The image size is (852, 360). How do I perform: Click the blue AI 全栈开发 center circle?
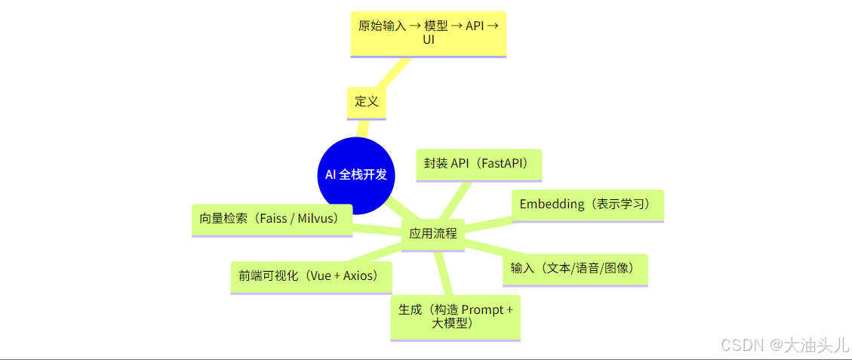[356, 175]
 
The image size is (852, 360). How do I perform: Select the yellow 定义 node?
[366, 102]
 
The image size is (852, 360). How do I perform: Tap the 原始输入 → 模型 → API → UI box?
[428, 33]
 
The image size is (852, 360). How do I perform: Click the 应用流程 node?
[432, 233]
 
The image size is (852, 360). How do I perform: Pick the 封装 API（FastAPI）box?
[478, 164]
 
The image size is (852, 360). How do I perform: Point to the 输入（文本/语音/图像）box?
[575, 269]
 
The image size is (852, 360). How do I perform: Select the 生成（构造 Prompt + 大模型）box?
[455, 317]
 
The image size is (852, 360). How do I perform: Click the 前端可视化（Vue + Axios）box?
[311, 276]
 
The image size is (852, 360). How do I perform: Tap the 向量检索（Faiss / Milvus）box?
[272, 219]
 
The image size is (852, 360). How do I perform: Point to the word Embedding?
[552, 205]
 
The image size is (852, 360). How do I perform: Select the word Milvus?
[318, 219]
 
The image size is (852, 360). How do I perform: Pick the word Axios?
[359, 276]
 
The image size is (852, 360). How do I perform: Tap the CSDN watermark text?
[743, 345]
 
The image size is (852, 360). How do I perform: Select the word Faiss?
[272, 219]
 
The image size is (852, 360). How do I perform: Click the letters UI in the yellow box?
[428, 40]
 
